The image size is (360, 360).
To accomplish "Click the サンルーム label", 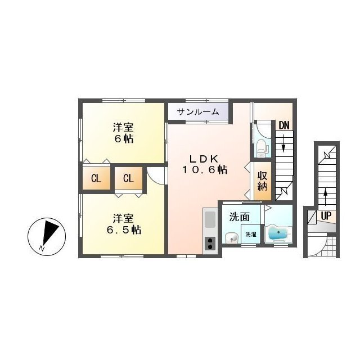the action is click(198, 112).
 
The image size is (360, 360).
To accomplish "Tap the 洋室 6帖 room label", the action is click(123, 133).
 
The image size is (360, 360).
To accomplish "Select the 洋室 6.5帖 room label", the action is click(124, 224).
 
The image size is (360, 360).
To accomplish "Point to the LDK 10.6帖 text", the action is click(205, 164).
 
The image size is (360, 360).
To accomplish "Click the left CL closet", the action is click(96, 178).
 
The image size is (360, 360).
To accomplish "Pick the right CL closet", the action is click(128, 178).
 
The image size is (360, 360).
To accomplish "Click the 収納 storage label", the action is click(263, 181).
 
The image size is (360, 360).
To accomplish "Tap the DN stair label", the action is click(284, 125).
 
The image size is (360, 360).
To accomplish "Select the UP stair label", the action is click(326, 216).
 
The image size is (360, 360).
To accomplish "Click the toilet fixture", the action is click(261, 148).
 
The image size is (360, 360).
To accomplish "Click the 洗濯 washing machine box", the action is click(250, 234).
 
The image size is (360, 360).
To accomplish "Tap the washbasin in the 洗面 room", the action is click(231, 238).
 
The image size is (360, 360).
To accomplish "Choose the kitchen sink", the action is click(210, 220).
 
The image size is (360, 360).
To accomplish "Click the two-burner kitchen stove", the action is click(210, 244).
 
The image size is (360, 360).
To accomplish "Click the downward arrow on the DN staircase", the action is click(283, 143).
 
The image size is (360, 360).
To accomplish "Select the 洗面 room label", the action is click(240, 217).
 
